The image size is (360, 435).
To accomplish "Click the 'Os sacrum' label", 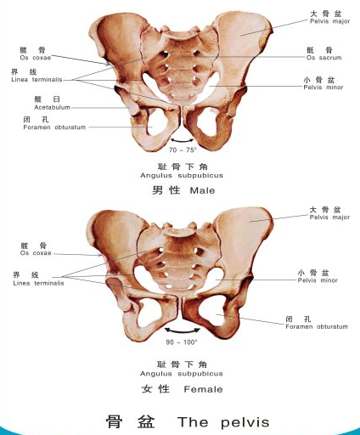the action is coord(323,58).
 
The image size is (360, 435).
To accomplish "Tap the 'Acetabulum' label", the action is coord(52,107).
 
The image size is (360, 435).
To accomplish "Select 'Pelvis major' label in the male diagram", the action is coord(329,21).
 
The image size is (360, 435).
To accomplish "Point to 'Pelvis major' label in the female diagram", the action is coord(329,217).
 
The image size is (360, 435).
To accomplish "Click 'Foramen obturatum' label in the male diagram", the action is coord(54,127).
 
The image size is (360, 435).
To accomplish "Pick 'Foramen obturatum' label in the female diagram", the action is coord(317,326).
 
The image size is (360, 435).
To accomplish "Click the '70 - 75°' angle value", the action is coord(183,150).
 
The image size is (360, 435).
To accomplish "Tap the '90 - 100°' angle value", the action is coord(182,342).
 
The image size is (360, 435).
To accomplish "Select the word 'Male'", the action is coord(202,190).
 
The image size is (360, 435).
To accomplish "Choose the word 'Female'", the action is coord(203,389).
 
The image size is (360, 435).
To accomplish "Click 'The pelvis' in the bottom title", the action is coord(223,422).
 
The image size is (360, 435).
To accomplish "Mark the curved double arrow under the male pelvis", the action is coord(183,141).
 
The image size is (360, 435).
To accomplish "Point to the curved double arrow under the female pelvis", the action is coord(183,330).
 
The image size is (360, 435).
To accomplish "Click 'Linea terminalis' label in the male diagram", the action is coord(37,80).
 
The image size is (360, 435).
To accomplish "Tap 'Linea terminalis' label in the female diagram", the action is coord(38,283).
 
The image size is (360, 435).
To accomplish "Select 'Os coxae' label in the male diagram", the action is coord(36,58).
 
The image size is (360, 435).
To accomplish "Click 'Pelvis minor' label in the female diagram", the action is coord(318,280).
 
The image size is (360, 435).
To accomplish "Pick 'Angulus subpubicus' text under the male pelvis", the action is coord(182,175).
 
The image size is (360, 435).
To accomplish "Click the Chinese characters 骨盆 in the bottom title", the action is coord(131,422).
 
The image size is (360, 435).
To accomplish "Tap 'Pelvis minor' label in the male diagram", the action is coord(323,88).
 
